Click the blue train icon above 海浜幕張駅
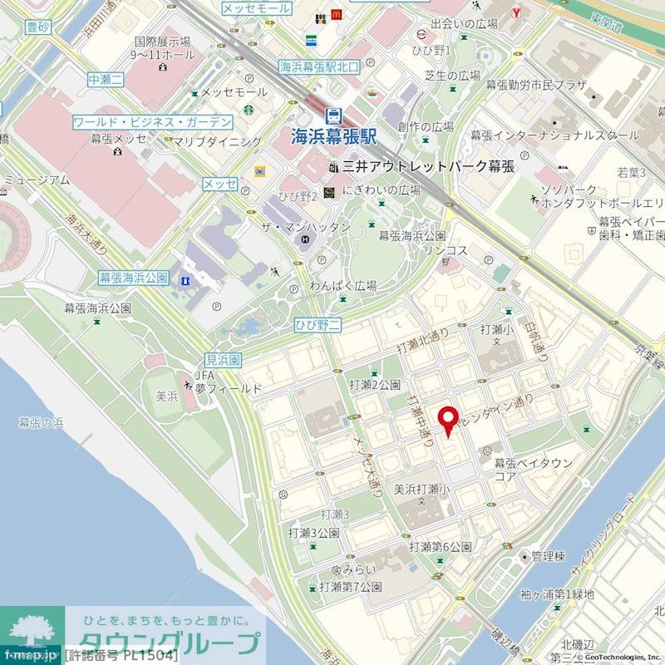pos(332,115)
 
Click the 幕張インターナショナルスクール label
pos(554,135)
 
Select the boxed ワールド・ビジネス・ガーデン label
pos(152,122)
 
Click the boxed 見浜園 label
pos(223,360)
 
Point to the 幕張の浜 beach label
pos(41,423)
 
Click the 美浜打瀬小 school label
pos(421,489)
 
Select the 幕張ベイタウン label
pos(533,463)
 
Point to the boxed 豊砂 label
pos(38,27)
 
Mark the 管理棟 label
pos(549,555)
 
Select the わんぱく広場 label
pos(343,285)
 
